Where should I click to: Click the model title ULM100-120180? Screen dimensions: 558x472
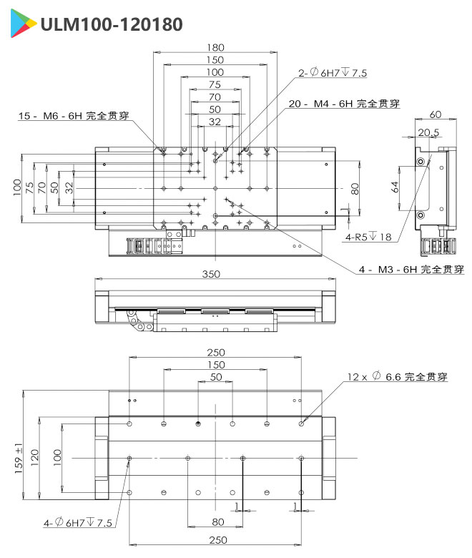point(112,25)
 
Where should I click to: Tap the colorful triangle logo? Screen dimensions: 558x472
point(23,25)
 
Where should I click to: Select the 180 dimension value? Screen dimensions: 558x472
point(215,47)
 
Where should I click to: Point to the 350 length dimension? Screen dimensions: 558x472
point(212,274)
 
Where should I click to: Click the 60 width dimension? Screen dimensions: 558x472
point(434,114)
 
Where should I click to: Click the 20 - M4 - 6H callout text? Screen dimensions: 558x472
point(344,104)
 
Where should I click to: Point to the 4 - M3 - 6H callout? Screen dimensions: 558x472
point(411,270)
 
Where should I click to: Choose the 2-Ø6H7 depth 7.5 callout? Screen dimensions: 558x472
point(333,73)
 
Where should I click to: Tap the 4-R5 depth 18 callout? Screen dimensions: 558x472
point(368,237)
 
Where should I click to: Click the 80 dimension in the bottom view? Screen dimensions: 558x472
point(218,522)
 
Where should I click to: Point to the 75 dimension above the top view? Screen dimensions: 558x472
point(215,84)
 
